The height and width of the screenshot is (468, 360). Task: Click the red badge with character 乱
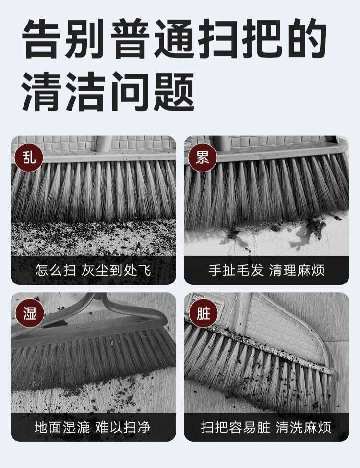(x=29, y=157)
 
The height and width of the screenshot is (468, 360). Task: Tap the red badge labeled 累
(x=203, y=157)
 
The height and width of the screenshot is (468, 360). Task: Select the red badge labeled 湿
(x=29, y=313)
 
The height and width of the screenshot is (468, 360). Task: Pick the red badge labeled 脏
(x=203, y=313)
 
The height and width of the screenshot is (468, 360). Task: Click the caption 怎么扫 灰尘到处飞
(x=93, y=271)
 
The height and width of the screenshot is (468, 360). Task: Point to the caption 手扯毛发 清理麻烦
(x=266, y=271)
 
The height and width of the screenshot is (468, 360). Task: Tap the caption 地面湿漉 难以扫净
(x=93, y=427)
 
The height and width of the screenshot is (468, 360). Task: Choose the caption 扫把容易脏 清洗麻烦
(x=266, y=427)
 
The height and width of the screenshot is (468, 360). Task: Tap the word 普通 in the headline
(x=152, y=39)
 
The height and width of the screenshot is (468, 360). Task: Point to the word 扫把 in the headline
(x=241, y=39)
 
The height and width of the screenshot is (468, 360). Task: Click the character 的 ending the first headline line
(x=308, y=39)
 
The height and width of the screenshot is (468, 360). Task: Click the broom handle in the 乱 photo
(x=104, y=144)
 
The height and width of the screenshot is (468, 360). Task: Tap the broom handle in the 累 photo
(x=222, y=143)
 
